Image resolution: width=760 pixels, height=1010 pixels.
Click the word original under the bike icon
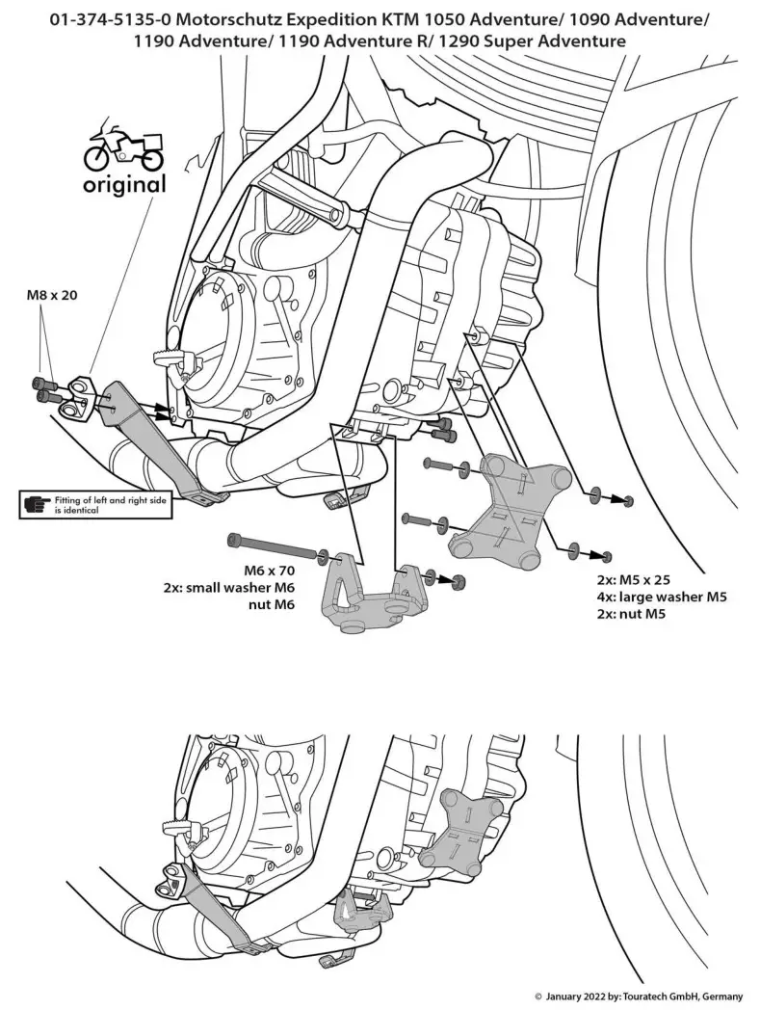(123, 183)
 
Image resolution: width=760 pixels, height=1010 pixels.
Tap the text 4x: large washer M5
(660, 598)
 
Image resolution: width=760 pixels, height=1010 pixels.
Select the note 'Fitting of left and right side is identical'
(107, 504)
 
